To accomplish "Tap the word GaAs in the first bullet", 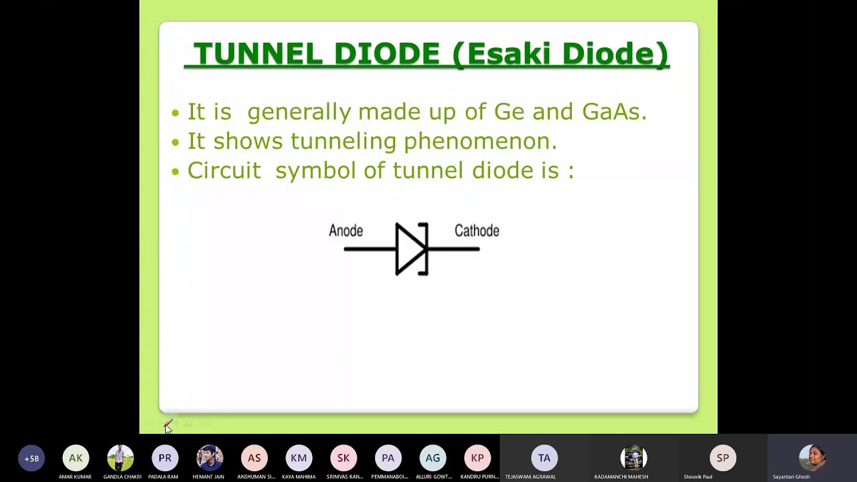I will (614, 111).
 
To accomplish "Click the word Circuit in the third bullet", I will (224, 170).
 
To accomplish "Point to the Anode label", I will (345, 231).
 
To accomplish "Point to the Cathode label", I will (477, 231).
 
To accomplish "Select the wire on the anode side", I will (369, 249).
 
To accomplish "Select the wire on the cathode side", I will (455, 249).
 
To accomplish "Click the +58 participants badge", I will (31, 459).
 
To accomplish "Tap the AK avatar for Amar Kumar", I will (76, 458).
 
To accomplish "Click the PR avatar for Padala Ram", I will (165, 458).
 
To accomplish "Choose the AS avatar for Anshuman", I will (254, 458).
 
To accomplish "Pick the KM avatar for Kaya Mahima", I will (299, 458).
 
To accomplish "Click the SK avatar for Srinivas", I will (343, 458).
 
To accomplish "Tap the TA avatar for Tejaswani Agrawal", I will (544, 458).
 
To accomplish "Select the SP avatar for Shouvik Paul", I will (723, 458).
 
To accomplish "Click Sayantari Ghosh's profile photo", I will (812, 458).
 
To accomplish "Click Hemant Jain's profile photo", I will (210, 458).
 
